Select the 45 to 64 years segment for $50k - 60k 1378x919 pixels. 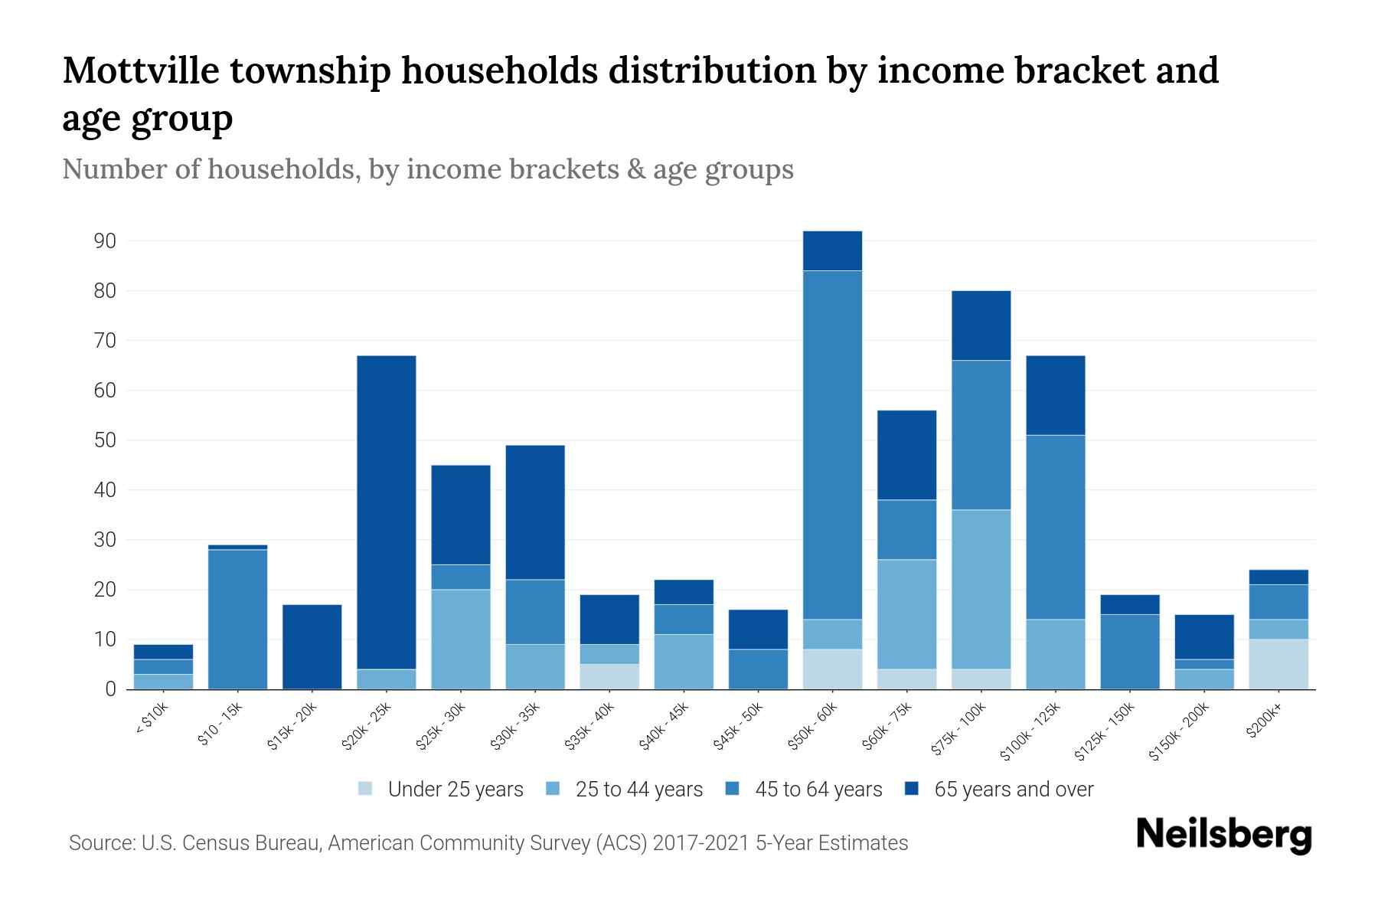click(833, 444)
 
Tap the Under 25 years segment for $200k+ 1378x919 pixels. click(1278, 664)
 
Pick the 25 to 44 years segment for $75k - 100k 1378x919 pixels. click(981, 589)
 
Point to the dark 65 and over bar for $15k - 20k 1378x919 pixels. click(312, 646)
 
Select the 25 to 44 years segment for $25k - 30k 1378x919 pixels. click(461, 639)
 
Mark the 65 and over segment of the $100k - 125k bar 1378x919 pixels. click(1056, 395)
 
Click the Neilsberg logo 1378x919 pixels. click(1223, 834)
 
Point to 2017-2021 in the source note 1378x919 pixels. click(700, 843)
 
